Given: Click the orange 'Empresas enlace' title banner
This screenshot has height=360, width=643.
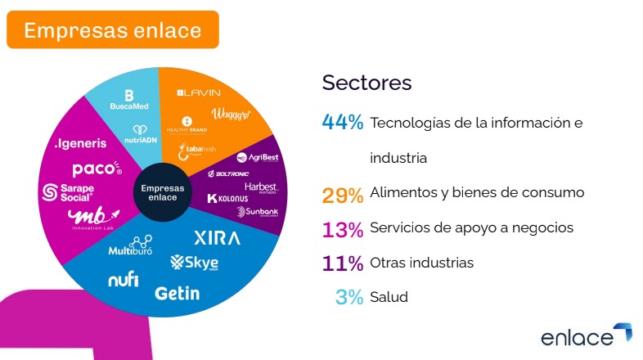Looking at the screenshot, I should tap(112, 30).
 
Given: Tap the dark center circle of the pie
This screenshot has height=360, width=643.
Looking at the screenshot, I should tap(163, 193).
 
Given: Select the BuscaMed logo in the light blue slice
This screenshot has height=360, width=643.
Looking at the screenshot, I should tap(128, 101).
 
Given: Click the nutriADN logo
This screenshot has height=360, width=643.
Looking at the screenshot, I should tap(138, 134).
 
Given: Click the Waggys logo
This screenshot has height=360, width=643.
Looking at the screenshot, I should tap(229, 115).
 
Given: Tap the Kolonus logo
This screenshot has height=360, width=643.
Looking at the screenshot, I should tap(227, 199).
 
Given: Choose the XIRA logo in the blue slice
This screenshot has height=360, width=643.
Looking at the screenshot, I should tap(217, 238).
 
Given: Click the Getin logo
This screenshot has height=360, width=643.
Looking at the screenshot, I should tap(177, 292).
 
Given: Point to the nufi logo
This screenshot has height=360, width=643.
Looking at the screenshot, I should tap(123, 280).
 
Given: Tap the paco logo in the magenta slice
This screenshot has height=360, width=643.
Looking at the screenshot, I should tap(97, 169).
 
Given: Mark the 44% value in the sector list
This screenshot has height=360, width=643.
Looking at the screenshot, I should tap(342, 123).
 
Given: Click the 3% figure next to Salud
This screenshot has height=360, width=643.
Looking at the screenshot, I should tap(348, 297).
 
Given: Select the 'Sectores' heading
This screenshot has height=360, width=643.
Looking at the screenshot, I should tap(366, 83).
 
